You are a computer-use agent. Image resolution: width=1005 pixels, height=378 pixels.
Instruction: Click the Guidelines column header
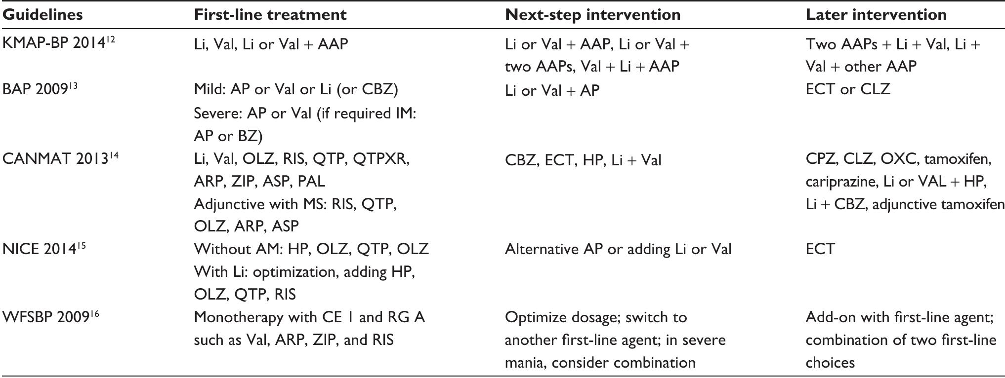[42, 15]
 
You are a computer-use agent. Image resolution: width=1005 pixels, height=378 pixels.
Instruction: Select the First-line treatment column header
[270, 15]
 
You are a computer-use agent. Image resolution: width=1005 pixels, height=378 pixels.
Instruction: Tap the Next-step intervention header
[592, 15]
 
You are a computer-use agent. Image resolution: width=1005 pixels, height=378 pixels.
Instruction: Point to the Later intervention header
[876, 15]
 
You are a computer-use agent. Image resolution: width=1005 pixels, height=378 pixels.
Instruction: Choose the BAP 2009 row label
[35, 89]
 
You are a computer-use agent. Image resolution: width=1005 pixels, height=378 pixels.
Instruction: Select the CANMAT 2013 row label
[55, 159]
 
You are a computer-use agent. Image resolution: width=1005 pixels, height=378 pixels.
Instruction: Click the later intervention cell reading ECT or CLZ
[847, 89]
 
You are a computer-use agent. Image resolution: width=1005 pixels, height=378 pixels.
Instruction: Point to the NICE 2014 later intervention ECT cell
[820, 249]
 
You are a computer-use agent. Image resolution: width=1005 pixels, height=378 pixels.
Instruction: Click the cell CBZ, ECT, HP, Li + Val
[583, 160]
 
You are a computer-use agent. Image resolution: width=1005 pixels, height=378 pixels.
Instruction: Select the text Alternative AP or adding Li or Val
[618, 249]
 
